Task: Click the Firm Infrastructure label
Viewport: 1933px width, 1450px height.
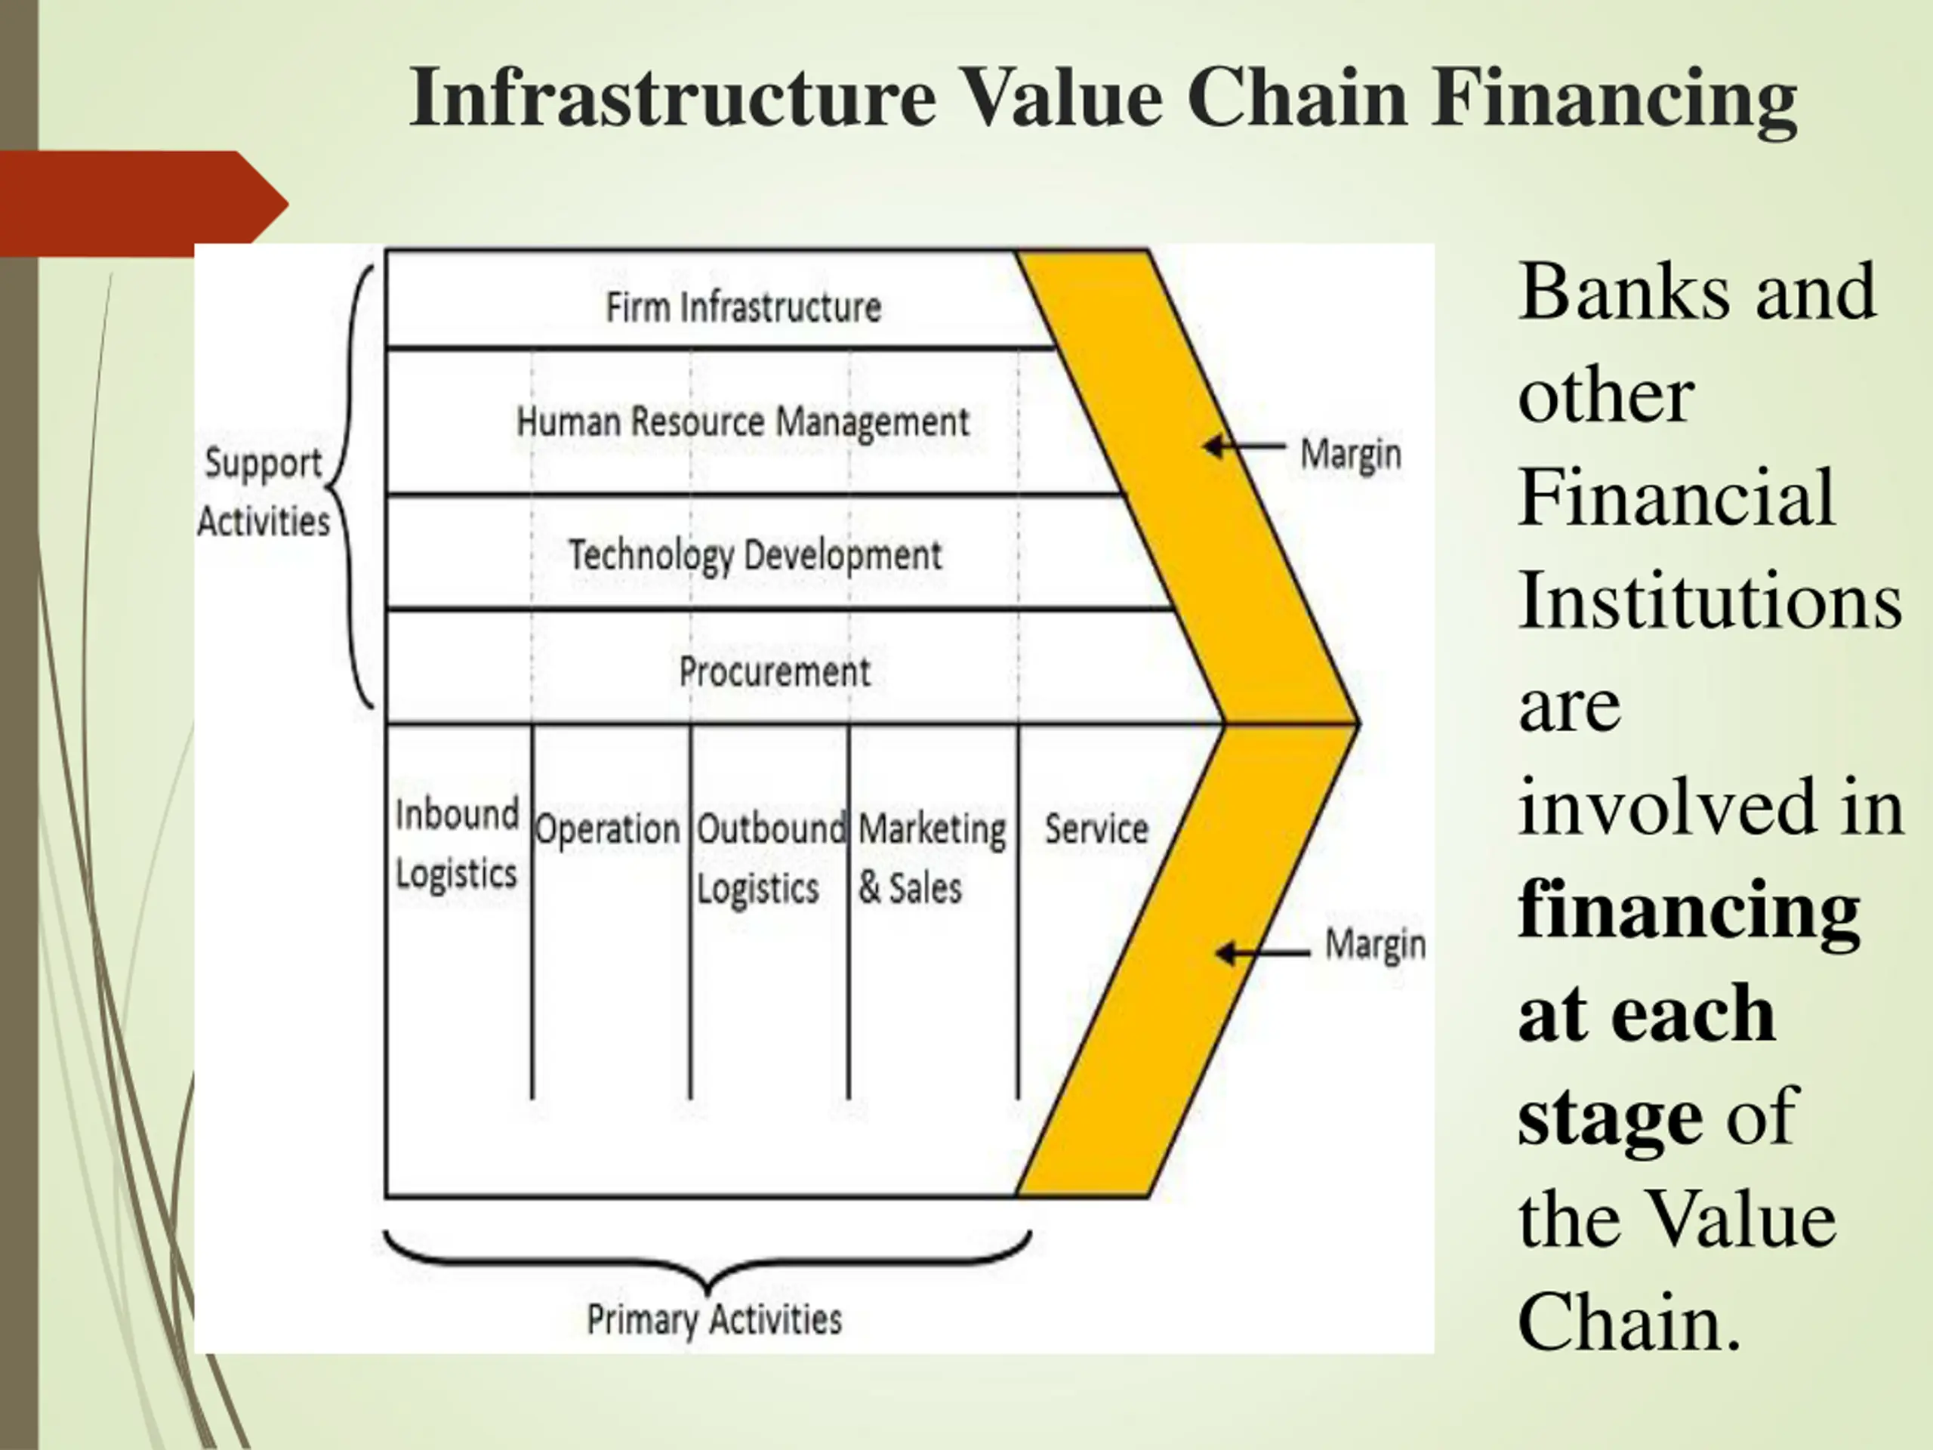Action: (x=744, y=307)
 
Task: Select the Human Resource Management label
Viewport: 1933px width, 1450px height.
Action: (x=743, y=422)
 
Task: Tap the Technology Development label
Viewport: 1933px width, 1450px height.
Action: (x=755, y=555)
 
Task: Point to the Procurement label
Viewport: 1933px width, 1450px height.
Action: (x=774, y=672)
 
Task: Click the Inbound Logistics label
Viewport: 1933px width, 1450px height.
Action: (x=456, y=844)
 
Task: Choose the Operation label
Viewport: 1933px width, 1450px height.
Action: (x=607, y=828)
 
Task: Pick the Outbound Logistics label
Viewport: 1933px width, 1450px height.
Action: (x=769, y=857)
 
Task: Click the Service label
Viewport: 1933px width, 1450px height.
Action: (x=1096, y=828)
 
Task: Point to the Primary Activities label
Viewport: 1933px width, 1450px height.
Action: (x=714, y=1319)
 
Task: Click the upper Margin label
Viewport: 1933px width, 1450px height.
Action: (x=1350, y=455)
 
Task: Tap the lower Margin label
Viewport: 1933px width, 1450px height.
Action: (x=1374, y=945)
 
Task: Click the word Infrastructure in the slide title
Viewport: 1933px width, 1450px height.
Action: (x=673, y=98)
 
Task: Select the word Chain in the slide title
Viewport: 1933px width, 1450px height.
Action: (x=1296, y=98)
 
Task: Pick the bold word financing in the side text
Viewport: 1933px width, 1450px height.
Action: (x=1688, y=911)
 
